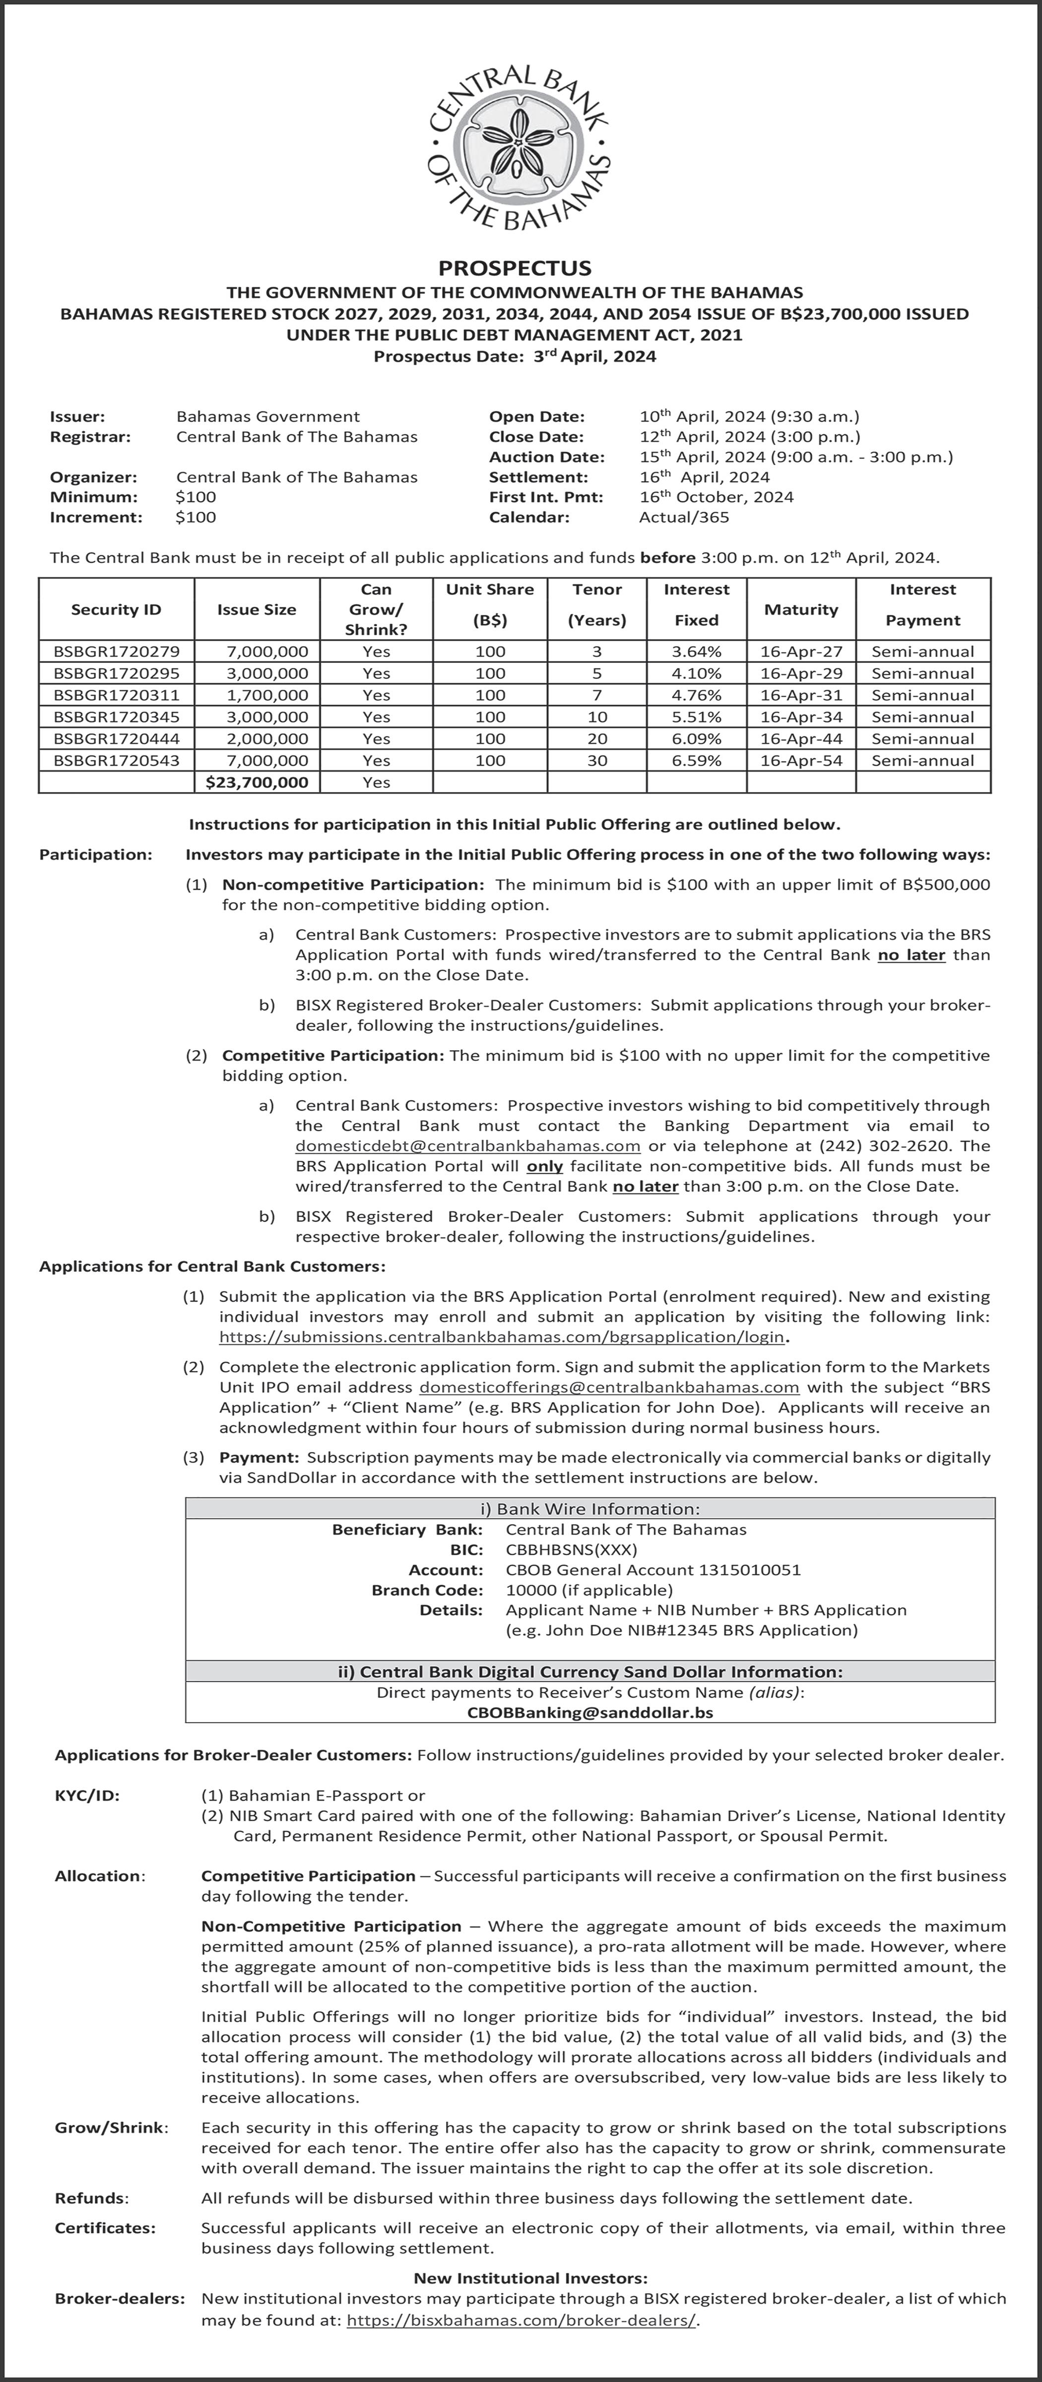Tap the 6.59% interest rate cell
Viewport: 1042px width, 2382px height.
696,760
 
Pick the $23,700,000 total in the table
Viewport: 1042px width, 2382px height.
257,782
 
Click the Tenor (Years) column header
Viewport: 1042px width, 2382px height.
596,605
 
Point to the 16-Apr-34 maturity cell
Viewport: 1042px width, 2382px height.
801,717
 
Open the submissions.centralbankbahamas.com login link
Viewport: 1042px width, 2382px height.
501,1337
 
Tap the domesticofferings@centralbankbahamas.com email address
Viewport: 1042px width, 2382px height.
609,1387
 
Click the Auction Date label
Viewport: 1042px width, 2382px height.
546,457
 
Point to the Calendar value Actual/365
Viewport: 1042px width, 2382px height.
684,517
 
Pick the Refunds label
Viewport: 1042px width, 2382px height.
91,2198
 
